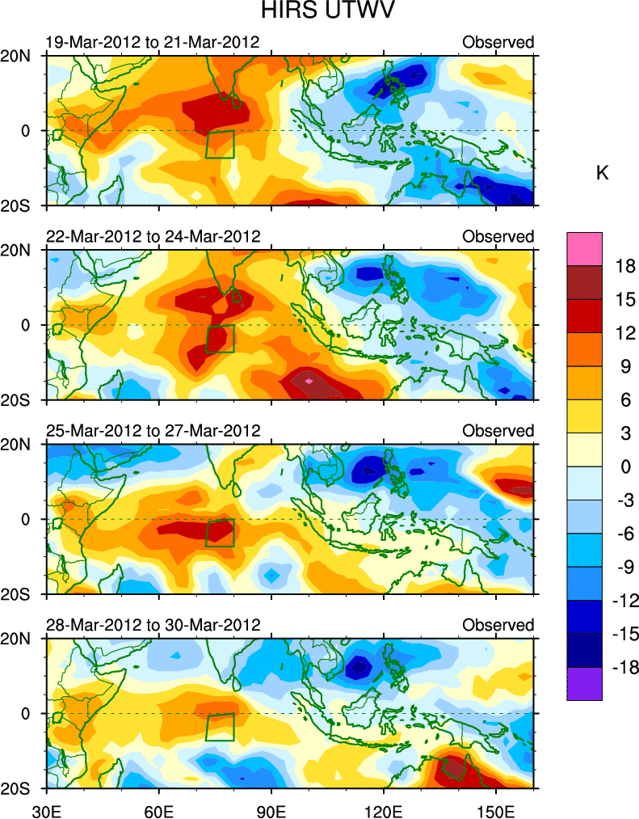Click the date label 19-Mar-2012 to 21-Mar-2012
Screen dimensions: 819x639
click(x=153, y=42)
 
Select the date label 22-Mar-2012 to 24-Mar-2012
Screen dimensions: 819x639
click(x=153, y=236)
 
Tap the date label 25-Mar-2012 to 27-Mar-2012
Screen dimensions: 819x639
click(x=153, y=430)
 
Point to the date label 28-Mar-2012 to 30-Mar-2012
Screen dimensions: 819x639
click(x=153, y=625)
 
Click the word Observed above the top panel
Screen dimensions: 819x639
click(x=498, y=42)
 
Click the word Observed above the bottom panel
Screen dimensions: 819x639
click(x=498, y=625)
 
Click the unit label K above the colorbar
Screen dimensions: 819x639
click(x=602, y=174)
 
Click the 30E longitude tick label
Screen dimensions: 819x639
click(x=46, y=808)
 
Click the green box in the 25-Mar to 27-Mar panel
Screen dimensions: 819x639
click(x=220, y=533)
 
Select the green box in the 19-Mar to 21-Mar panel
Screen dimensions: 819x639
click(x=220, y=144)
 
